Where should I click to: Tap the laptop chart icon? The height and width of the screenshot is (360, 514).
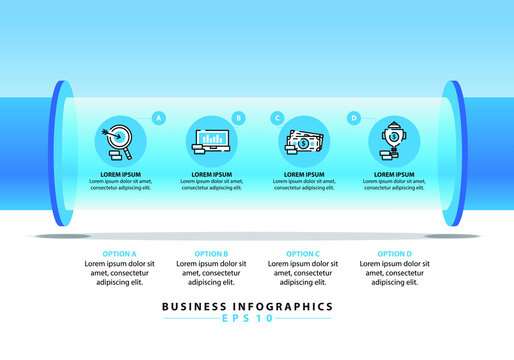[210, 141]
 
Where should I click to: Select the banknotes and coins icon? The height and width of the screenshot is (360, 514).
[302, 141]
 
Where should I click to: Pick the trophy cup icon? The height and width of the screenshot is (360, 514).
[393, 141]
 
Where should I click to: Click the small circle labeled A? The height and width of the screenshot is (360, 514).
[158, 118]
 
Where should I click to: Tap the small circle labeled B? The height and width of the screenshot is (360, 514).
[238, 118]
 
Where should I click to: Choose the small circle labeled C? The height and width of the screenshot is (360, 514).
[276, 118]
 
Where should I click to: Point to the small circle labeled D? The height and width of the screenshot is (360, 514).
[354, 118]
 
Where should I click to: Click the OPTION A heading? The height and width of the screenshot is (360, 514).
[119, 254]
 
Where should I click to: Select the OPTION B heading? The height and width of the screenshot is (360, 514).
[211, 254]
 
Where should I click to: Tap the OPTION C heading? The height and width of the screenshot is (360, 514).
[303, 254]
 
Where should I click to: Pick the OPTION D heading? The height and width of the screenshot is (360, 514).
[394, 254]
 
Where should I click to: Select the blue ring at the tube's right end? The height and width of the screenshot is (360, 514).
[457, 151]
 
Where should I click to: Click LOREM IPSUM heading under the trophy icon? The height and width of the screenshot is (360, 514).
[393, 174]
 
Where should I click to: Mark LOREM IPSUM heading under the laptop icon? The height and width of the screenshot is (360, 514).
[210, 174]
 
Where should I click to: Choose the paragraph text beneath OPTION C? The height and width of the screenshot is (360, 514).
[303, 272]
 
